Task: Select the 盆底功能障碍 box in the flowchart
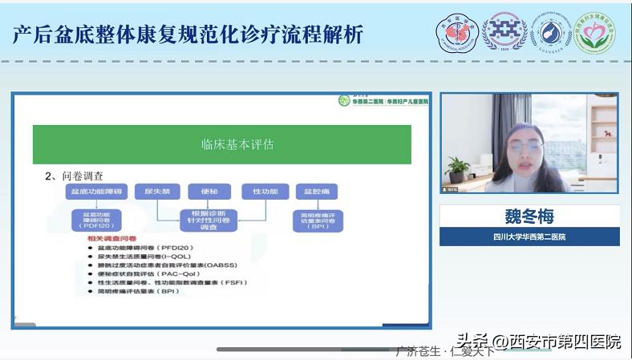tap(95, 192)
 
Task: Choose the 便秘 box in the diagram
tap(209, 192)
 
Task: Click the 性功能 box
tap(264, 192)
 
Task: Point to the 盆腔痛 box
tap(316, 192)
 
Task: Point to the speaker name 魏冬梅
tap(529, 216)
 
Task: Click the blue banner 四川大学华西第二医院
tap(529, 237)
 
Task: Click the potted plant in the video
tap(458, 168)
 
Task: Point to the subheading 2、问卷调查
tap(74, 176)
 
